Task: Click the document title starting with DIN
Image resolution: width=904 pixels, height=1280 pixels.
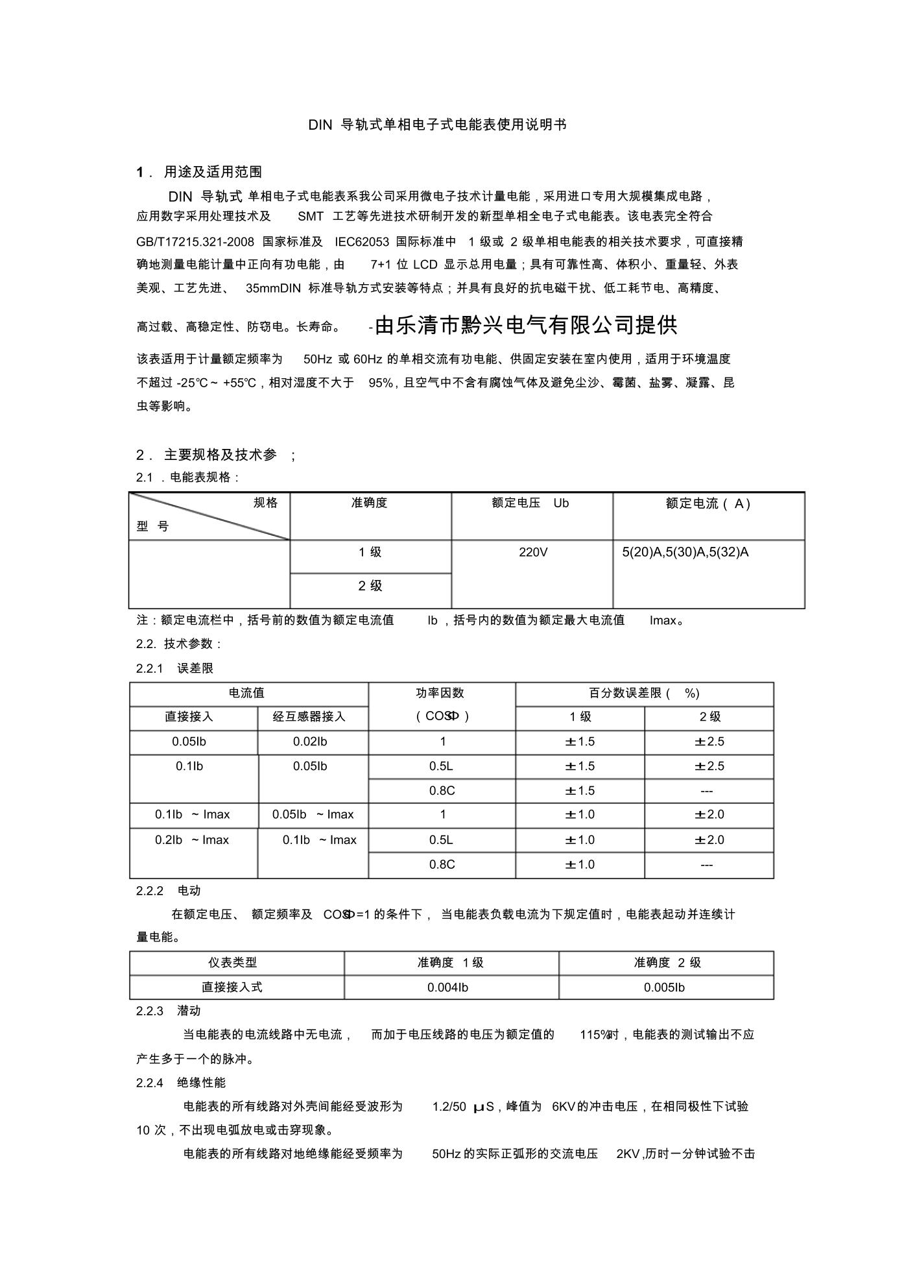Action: tap(437, 125)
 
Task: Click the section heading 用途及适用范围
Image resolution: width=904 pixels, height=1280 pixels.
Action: tap(213, 172)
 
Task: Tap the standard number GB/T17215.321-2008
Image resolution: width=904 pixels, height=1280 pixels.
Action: tap(195, 242)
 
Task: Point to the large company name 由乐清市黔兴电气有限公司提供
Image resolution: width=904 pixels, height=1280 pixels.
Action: tap(526, 325)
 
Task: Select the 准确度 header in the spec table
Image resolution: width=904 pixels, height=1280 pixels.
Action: tap(370, 503)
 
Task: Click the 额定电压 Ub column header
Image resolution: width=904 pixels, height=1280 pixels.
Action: tap(530, 503)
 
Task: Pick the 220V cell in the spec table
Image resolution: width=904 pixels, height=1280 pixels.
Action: tap(533, 552)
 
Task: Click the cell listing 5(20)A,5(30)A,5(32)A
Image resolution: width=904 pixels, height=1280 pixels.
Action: tap(685, 552)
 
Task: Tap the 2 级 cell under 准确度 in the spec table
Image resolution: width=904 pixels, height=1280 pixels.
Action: tap(370, 586)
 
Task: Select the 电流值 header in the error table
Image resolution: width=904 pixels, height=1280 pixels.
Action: tap(247, 693)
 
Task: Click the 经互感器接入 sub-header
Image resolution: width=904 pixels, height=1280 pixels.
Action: tap(309, 717)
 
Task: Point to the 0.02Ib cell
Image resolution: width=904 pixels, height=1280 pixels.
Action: tap(310, 742)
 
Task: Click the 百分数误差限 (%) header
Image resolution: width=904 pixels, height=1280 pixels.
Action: tap(643, 693)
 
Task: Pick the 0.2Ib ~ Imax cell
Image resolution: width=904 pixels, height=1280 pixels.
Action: tap(192, 840)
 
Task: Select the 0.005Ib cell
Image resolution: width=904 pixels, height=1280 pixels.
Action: tap(664, 987)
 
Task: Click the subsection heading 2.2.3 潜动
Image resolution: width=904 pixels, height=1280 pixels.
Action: tap(169, 1011)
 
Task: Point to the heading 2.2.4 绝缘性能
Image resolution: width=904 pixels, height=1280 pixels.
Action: tap(181, 1082)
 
